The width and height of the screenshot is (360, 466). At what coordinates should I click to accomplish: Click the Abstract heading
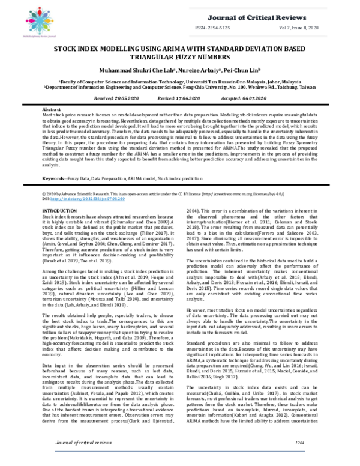coord(50,111)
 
